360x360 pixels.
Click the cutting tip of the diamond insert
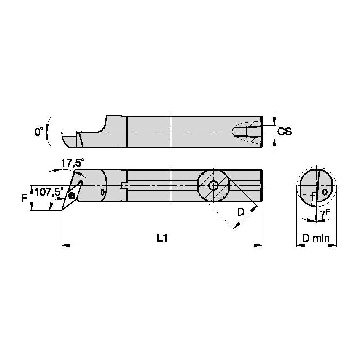tap(62, 210)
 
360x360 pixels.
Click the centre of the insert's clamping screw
tap(72, 196)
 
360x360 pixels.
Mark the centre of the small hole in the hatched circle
tap(214, 185)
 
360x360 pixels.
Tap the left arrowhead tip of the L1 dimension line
tap(62, 245)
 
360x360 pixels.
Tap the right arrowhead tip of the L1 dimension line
tap(262, 245)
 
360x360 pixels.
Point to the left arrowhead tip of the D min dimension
tap(297, 245)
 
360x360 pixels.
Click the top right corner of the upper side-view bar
tap(262, 116)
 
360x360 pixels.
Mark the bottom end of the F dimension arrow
tap(32, 210)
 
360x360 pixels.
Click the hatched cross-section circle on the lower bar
tap(214, 185)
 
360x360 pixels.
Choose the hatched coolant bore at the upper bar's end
tap(247, 132)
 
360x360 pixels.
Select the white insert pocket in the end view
tap(314, 199)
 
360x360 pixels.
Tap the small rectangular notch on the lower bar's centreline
tap(124, 185)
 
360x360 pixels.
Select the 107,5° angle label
tap(48, 192)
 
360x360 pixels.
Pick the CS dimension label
tap(285, 132)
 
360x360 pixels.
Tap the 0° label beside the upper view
tap(39, 132)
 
